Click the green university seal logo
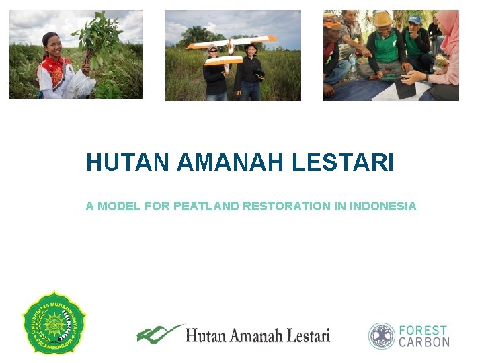coord(54,323)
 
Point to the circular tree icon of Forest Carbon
coord(382,335)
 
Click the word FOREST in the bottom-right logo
coord(423,330)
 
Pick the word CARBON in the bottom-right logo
coord(424,342)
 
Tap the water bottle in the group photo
coord(353,66)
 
